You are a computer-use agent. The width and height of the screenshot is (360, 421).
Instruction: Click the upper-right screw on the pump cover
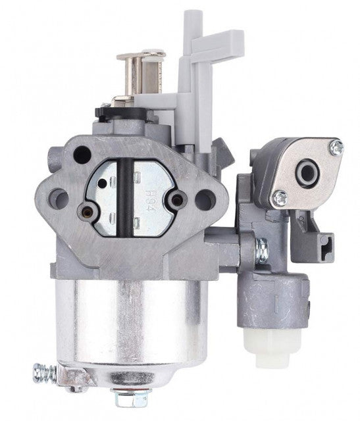tap(336, 149)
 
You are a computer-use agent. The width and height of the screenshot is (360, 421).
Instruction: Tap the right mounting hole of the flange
tap(205, 197)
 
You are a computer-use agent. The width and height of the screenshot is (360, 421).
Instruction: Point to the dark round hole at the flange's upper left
tap(82, 155)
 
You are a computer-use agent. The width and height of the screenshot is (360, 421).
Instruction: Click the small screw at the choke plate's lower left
tap(86, 210)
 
